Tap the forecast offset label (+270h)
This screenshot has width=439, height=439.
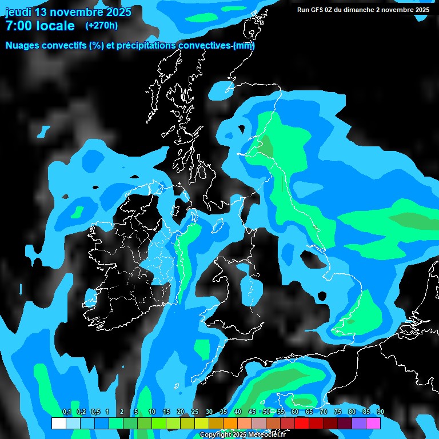coord(101,25)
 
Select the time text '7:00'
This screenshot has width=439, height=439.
coord(18,26)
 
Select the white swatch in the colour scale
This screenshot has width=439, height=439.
coord(58,423)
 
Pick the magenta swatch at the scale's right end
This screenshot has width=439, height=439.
coord(373,423)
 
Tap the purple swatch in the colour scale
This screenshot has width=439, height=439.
coord(359,423)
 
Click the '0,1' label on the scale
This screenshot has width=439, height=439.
coord(66,412)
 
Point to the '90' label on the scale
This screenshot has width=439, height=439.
coord(381,412)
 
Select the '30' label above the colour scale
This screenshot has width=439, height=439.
coord(209,412)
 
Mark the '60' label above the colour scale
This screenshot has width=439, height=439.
coord(295,412)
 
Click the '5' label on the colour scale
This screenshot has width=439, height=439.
coord(136,412)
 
